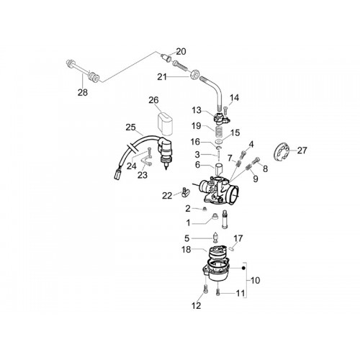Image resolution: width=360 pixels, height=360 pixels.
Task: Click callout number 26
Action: (x=153, y=100)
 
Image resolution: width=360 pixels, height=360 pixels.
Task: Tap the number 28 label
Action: (x=83, y=92)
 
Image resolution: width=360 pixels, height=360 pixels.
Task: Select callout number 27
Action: (x=302, y=150)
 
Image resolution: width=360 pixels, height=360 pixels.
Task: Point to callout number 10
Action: (x=255, y=280)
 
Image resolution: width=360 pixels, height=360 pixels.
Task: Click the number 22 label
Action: (x=167, y=196)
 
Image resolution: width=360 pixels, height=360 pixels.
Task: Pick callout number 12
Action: (x=196, y=305)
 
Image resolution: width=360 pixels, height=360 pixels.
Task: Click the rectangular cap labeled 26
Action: (x=165, y=124)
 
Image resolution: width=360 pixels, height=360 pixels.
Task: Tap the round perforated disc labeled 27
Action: (x=282, y=152)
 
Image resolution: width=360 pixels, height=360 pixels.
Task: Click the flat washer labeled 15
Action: (x=219, y=141)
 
